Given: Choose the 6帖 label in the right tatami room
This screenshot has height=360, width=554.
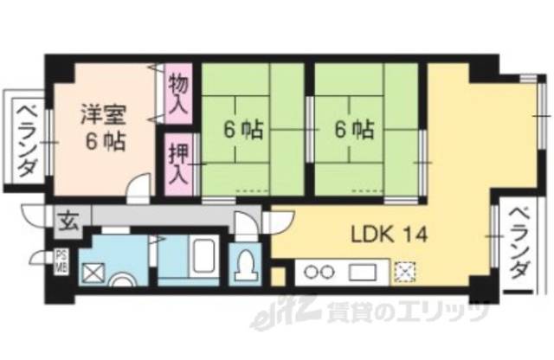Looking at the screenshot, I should coord(355,131).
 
